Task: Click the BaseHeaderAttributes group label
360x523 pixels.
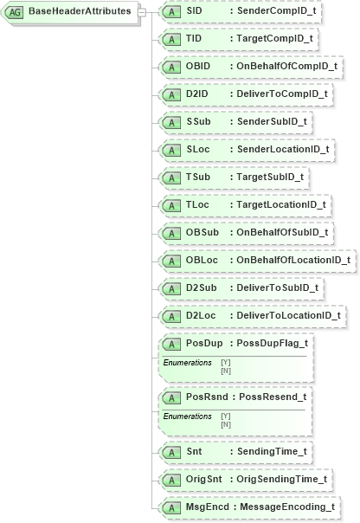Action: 80,12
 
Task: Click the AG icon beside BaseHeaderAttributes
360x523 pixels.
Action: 16,12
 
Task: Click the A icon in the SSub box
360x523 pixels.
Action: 172,121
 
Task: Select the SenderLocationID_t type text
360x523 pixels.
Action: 282,149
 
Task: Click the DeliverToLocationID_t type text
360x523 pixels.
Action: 287,315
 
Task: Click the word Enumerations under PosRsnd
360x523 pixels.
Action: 188,416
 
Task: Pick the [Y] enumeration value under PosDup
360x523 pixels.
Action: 226,362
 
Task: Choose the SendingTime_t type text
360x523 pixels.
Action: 272,451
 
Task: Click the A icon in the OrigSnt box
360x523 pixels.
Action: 172,479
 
